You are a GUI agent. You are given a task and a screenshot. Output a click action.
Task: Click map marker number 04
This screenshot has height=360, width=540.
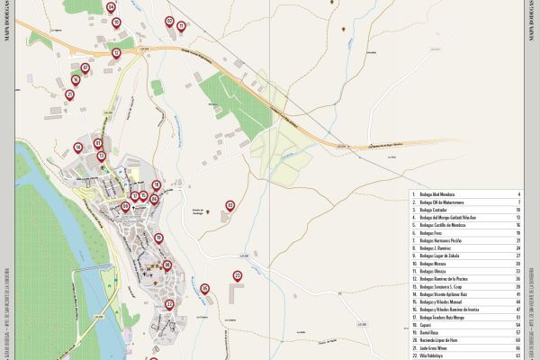[111, 7]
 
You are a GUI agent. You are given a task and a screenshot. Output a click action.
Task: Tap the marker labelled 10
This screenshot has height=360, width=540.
[116, 22]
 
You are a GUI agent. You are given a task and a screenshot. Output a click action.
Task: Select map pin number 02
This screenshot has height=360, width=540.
[169, 21]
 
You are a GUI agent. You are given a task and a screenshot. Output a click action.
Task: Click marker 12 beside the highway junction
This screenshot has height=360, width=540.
[116, 52]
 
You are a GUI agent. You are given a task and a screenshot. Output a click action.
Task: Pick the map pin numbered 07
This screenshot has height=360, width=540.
[85, 67]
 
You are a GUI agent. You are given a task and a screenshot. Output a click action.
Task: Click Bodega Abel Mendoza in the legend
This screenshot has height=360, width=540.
[442, 193]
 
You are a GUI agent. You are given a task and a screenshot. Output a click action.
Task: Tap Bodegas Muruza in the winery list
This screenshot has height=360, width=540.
[441, 262]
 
